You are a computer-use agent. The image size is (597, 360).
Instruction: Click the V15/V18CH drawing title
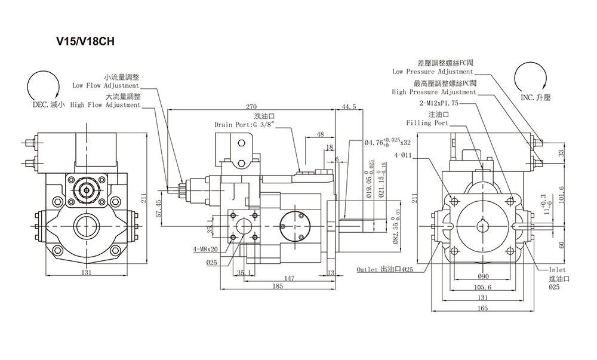pyautogui.click(x=85, y=41)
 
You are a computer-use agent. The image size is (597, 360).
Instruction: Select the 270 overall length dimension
pyautogui.click(x=251, y=107)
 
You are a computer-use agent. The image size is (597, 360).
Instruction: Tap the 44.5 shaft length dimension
pyautogui.click(x=349, y=107)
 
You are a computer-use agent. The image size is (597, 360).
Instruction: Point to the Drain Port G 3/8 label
pyautogui.click(x=244, y=124)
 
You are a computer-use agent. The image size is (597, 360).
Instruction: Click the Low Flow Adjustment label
pyautogui.click(x=106, y=85)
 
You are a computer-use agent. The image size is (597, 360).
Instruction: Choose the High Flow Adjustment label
pyautogui.click(x=106, y=105)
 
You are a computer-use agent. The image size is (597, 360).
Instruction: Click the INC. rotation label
pyautogui.click(x=536, y=98)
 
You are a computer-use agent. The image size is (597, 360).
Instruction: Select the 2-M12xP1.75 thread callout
pyautogui.click(x=439, y=103)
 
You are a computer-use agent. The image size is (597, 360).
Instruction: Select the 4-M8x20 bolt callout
pyautogui.click(x=205, y=250)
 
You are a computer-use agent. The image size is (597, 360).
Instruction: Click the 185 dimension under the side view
pyautogui.click(x=278, y=286)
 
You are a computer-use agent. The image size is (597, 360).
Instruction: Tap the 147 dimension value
pyautogui.click(x=290, y=278)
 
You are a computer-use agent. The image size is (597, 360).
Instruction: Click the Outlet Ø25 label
pyautogui.click(x=385, y=270)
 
